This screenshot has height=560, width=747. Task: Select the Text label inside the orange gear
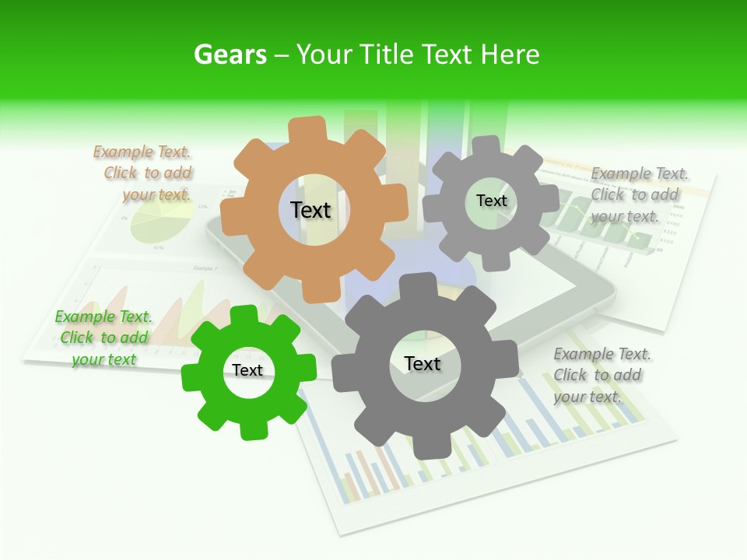310,210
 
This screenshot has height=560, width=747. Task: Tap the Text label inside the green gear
247,370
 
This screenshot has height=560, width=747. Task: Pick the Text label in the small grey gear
491,201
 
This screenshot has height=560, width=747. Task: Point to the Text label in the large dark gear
423,364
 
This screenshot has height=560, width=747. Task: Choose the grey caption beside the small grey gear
639,194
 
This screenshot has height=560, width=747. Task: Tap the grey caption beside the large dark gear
602,375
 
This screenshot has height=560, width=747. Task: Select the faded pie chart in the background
161,222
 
